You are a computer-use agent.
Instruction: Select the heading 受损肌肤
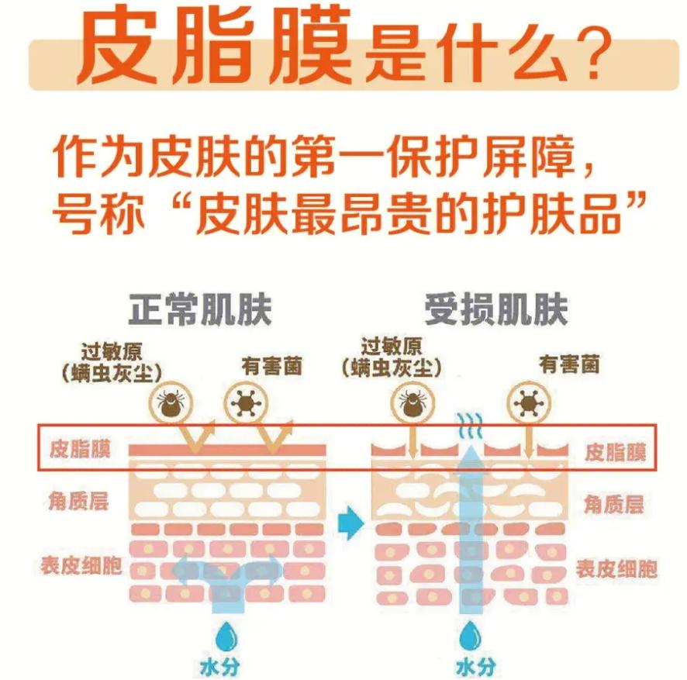(496, 309)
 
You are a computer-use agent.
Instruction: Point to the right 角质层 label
(613, 505)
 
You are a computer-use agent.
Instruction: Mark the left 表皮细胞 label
(81, 565)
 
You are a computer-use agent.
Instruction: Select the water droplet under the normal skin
(227, 633)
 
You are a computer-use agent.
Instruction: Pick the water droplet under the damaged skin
(468, 638)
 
